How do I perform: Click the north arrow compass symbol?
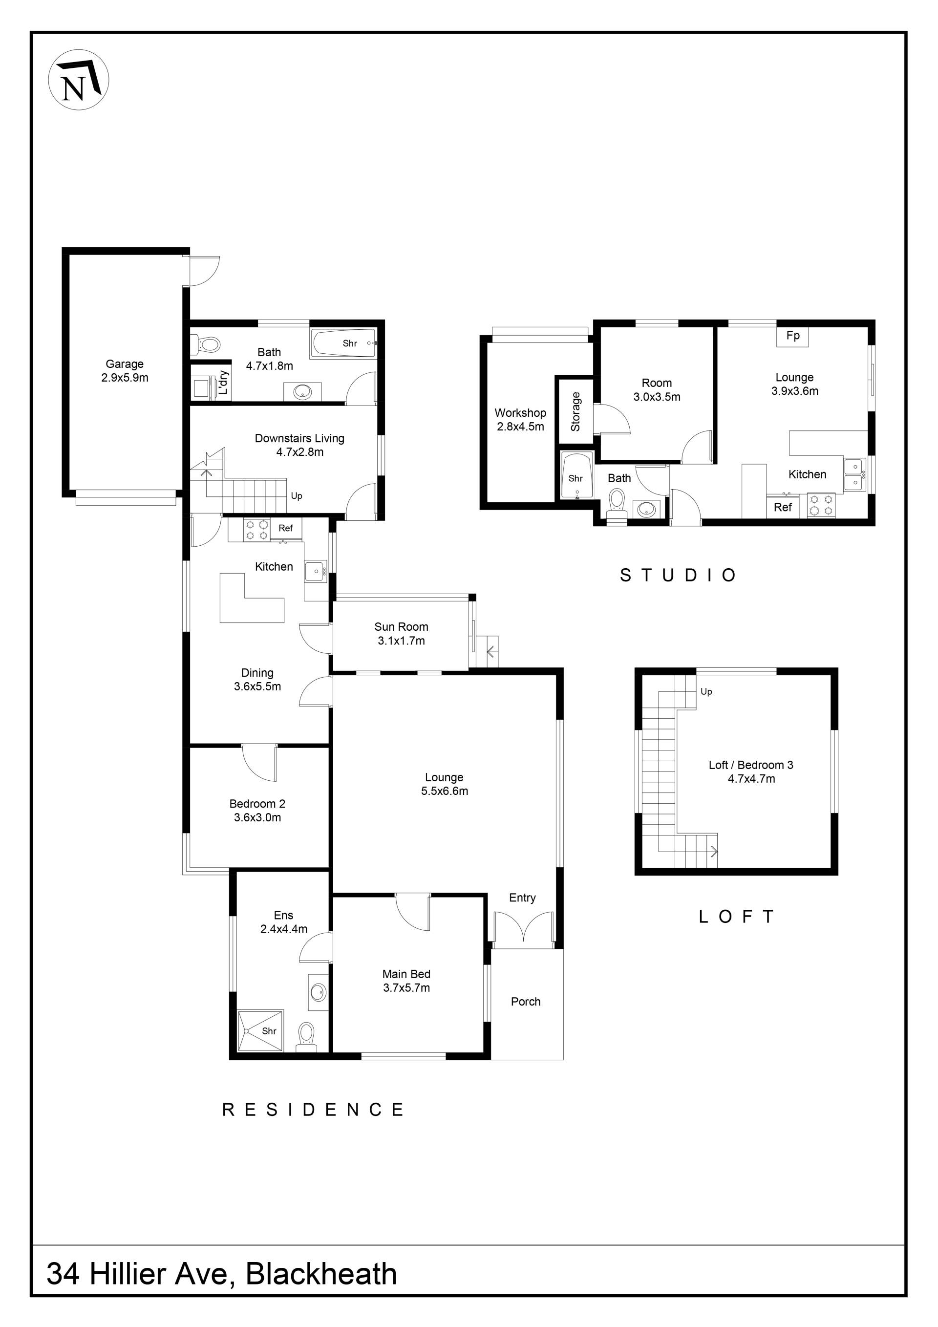79,80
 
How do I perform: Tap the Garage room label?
124,364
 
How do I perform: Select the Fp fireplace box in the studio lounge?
792,336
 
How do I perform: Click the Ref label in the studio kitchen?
783,507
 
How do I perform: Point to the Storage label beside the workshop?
576,411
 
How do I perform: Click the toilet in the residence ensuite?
306,1037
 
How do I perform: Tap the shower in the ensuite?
261,1031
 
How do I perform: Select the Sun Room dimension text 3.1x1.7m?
401,641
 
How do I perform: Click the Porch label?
525,1001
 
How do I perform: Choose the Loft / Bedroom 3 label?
751,765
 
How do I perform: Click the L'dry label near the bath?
224,383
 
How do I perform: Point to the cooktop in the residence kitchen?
257,530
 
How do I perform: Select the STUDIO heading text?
678,575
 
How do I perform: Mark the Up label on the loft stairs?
706,691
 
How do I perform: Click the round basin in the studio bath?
644,509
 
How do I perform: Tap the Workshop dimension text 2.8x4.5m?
520,427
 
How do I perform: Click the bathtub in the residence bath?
343,343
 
